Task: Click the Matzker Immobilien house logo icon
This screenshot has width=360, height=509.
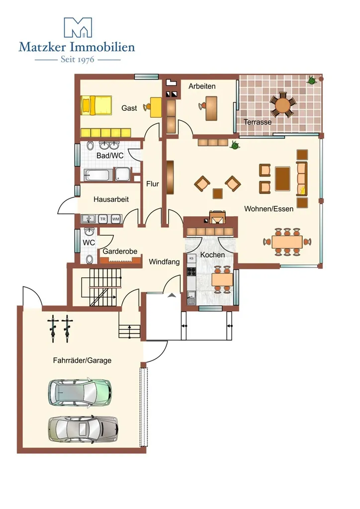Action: click(78, 28)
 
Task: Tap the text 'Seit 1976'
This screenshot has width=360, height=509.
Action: click(77, 60)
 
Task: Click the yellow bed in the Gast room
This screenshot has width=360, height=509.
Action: click(96, 105)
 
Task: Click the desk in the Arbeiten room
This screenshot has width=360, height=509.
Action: click(212, 108)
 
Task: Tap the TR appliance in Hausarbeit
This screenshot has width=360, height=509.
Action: click(103, 219)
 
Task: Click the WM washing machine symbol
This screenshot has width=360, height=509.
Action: click(115, 219)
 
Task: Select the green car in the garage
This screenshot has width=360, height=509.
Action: click(80, 392)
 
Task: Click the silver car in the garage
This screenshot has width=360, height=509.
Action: click(83, 429)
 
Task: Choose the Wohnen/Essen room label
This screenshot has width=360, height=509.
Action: click(269, 209)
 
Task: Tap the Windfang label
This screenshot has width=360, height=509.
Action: click(164, 261)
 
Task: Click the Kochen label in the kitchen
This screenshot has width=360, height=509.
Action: click(213, 255)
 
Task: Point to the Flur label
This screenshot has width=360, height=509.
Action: click(153, 184)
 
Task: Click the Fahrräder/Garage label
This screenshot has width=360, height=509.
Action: click(82, 360)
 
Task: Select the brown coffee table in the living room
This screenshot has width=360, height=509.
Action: click(283, 178)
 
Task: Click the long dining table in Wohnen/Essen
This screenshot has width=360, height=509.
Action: click(287, 242)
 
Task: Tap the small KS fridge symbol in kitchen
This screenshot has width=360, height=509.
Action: click(191, 258)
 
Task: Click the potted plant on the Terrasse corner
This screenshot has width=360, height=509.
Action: click(312, 80)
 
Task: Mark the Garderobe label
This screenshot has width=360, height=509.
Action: click(120, 251)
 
